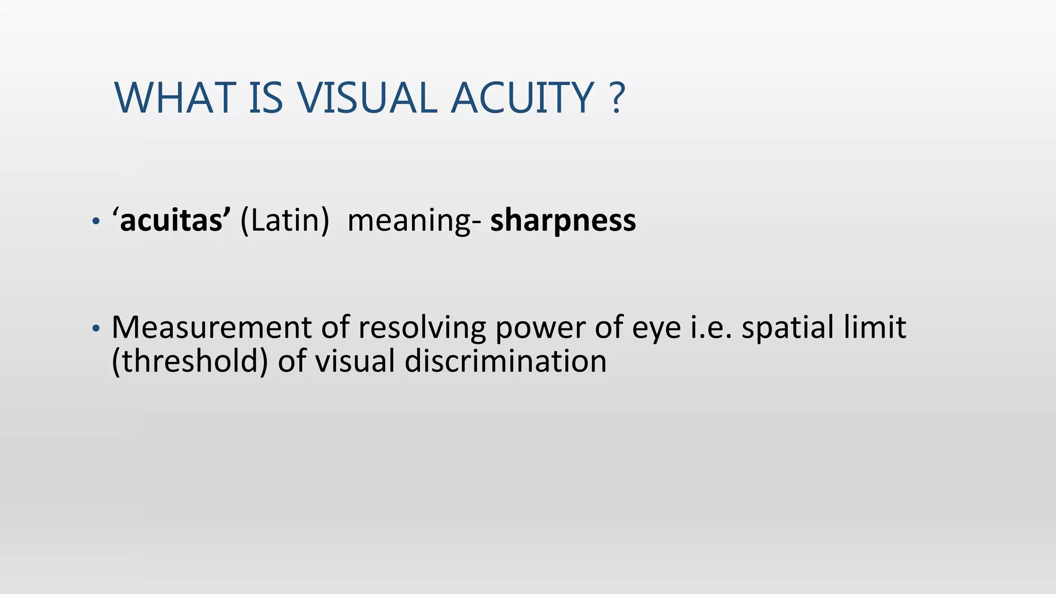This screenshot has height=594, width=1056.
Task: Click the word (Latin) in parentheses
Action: pos(285,221)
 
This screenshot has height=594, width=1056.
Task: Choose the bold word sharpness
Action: pos(563,222)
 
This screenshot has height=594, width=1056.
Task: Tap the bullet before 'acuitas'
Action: pos(94,222)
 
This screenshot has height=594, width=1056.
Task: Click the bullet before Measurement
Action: pos(94,328)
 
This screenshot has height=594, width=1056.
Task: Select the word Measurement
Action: pos(211,327)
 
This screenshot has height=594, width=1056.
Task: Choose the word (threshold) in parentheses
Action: pos(190,361)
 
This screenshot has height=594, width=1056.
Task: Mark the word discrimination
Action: pos(505,361)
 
